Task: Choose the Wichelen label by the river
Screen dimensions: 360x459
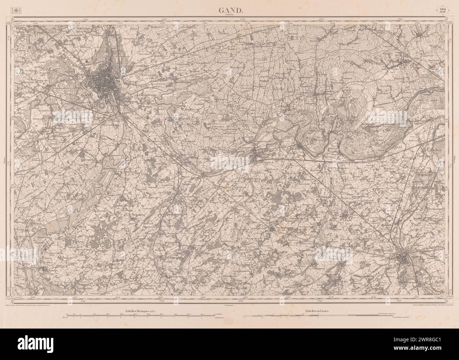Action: [x=334, y=149]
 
